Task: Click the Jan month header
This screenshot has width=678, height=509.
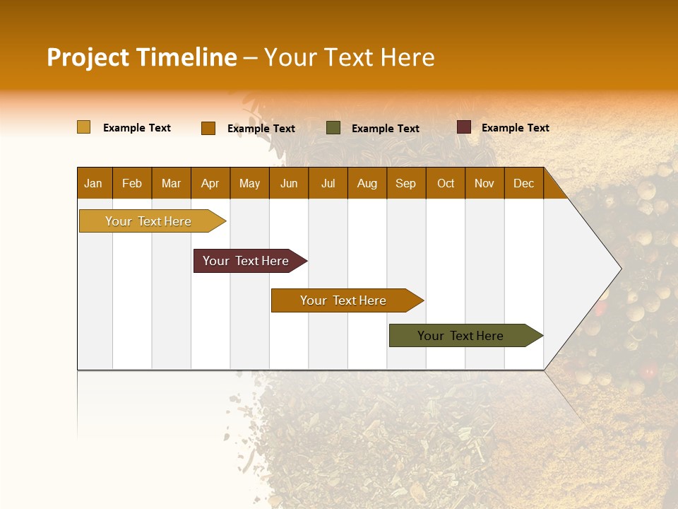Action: coord(93,184)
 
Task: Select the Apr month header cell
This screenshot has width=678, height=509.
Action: coord(210,184)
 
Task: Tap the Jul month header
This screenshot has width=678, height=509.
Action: coord(328,184)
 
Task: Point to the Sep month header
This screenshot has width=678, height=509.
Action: coord(405,184)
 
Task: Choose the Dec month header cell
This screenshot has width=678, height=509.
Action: coord(523,184)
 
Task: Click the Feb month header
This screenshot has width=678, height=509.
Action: coord(132,184)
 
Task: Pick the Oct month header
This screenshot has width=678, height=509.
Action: coord(446,184)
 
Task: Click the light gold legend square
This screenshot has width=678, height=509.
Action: coord(83,127)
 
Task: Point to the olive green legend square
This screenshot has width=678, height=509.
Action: coord(333,128)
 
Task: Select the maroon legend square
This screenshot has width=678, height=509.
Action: coord(463,127)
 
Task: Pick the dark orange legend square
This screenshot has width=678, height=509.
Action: coord(208,128)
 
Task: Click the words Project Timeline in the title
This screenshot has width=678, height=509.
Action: coord(141,57)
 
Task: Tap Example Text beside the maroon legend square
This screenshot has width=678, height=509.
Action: coord(515,128)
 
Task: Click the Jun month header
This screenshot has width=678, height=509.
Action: coord(289,184)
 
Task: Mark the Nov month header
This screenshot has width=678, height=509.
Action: coord(484,184)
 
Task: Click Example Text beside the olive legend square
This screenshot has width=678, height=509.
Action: coord(385,129)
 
